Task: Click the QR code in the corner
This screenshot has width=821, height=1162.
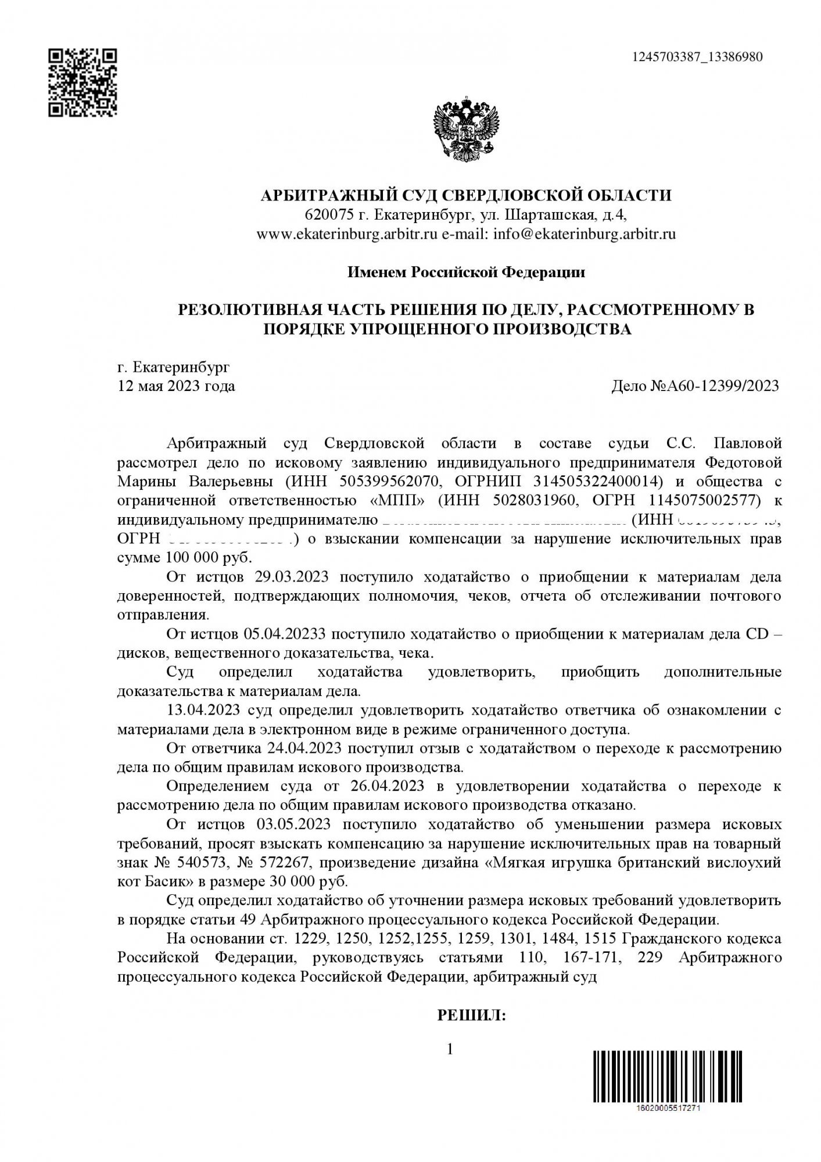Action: point(82,83)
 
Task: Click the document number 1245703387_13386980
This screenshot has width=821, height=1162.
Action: point(696,57)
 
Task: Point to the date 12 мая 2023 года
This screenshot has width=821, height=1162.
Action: point(176,386)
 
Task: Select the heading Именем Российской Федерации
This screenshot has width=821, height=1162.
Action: point(465,272)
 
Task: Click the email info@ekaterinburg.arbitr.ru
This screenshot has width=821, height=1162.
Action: point(584,234)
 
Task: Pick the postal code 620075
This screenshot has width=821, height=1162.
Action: point(329,215)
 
